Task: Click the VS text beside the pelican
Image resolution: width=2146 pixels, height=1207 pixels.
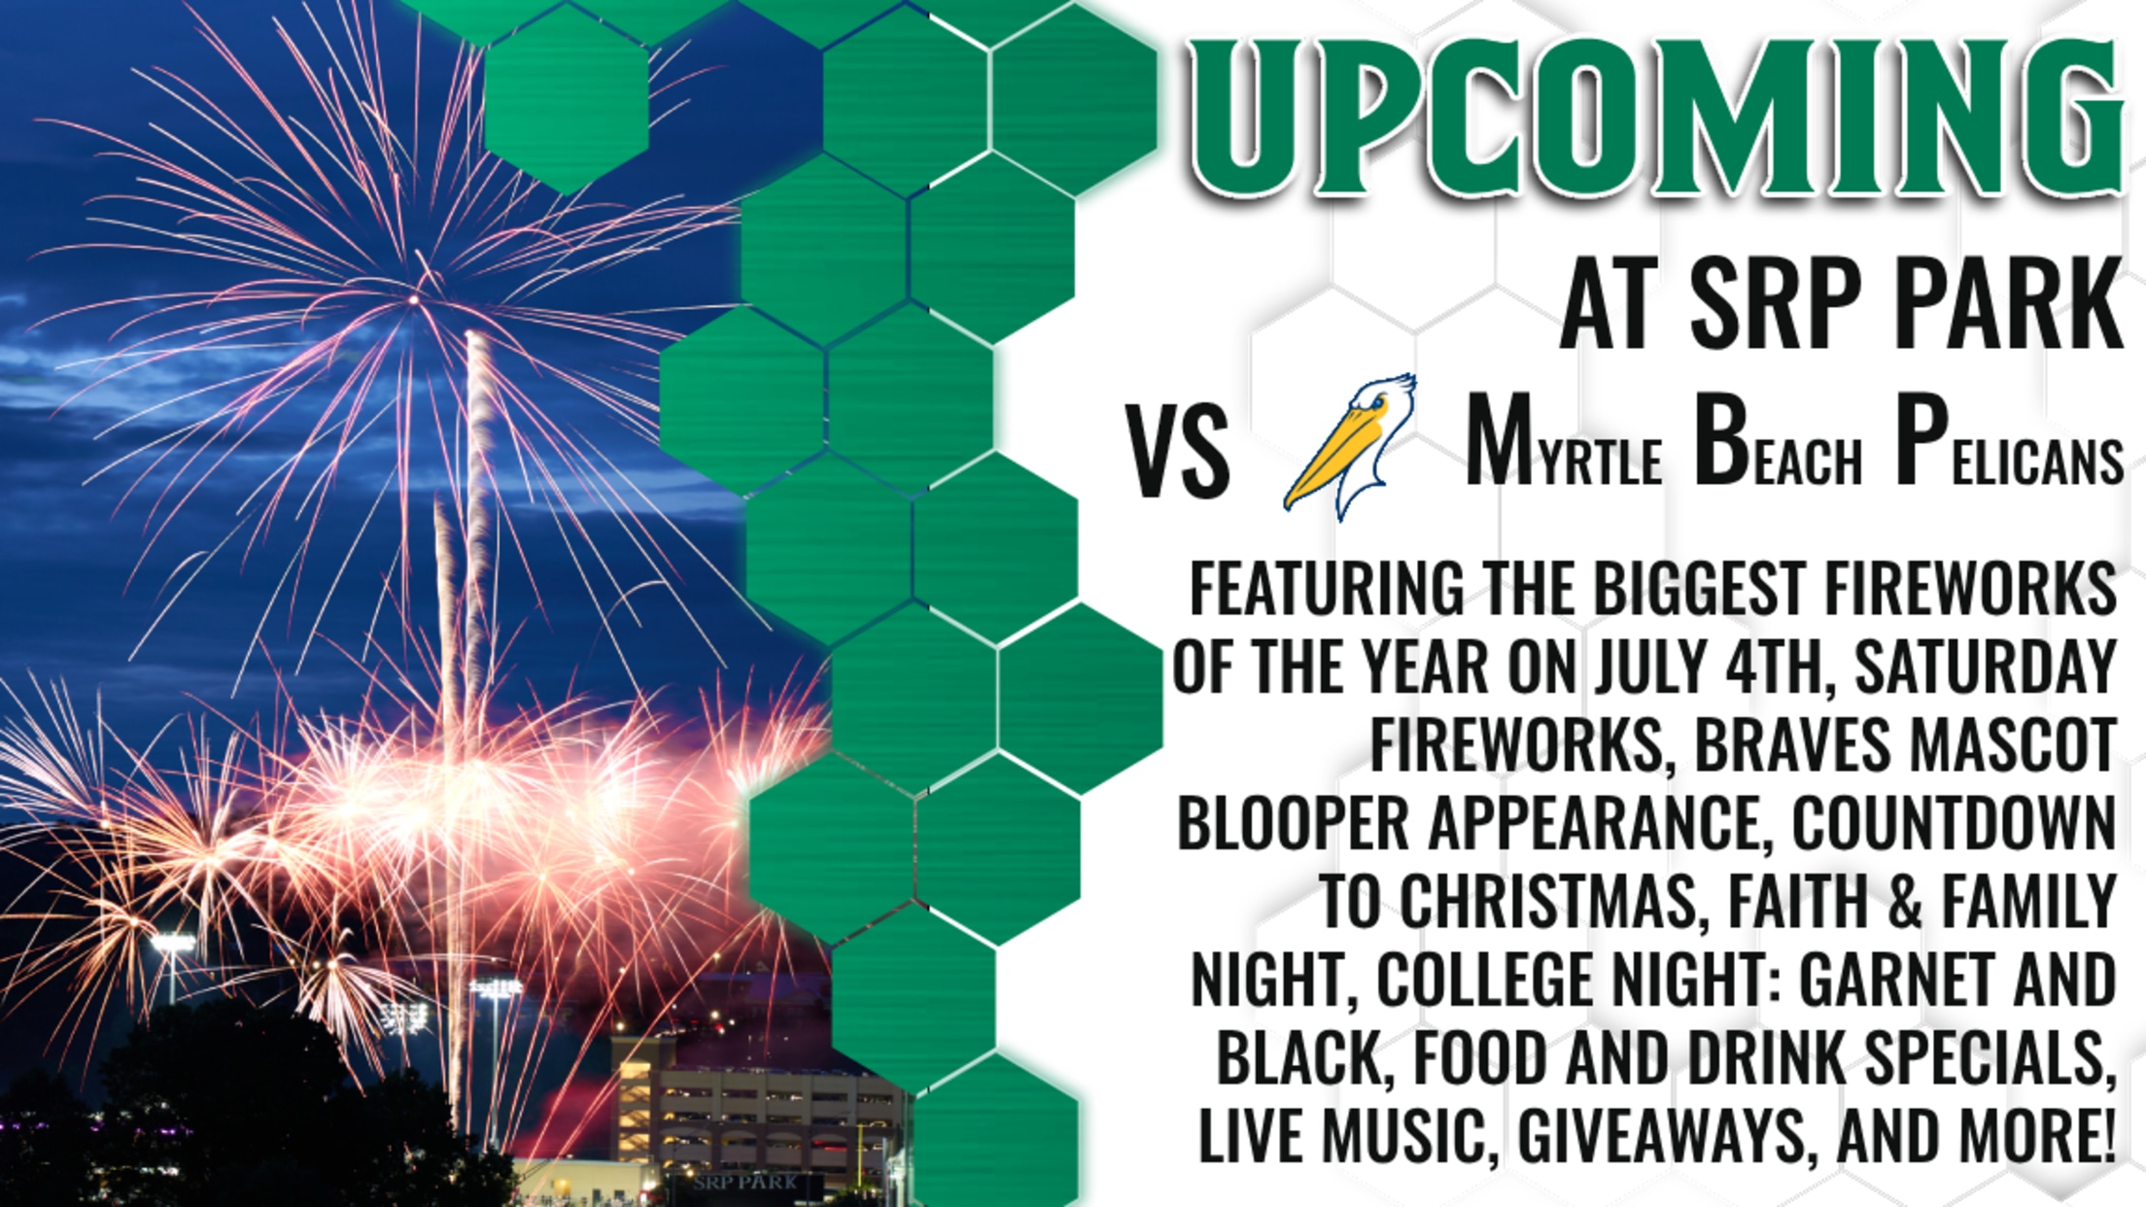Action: click(1178, 452)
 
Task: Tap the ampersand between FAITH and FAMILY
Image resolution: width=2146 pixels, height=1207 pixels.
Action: click(1906, 902)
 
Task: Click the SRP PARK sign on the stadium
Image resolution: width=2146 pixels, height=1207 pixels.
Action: click(745, 1183)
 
